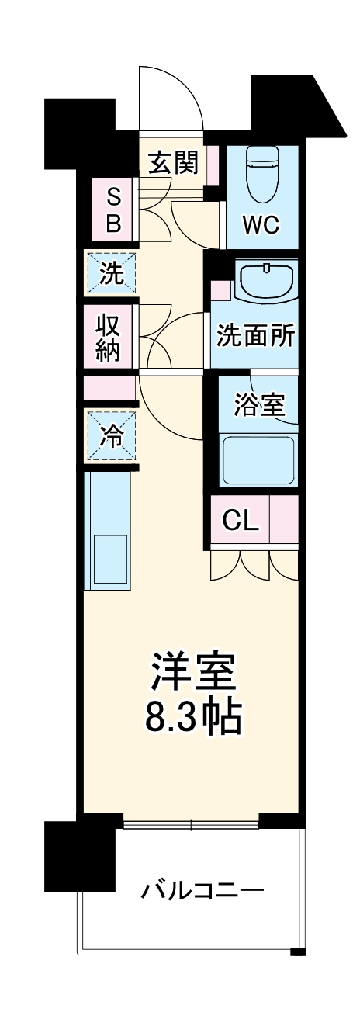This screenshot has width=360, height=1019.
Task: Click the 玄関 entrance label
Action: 173,162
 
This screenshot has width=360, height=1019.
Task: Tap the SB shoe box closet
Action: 113,209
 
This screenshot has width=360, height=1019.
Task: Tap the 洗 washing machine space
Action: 112,274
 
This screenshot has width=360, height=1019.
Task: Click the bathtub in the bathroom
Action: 259,459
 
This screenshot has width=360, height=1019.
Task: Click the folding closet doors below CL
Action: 254,565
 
